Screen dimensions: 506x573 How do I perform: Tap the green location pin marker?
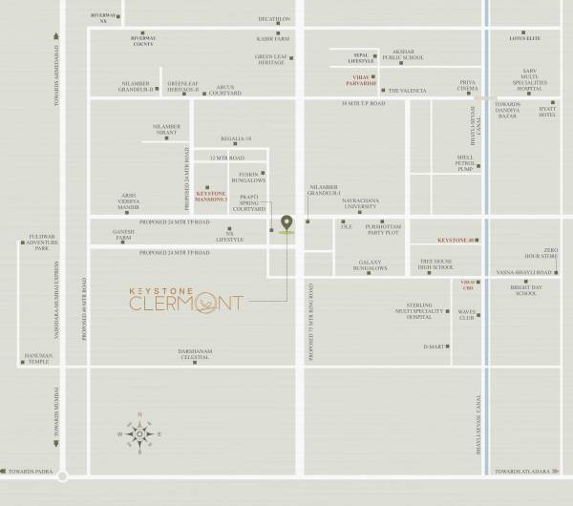pos(286,225)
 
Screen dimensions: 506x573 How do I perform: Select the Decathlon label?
pos(274,19)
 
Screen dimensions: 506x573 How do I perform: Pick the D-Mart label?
pos(436,346)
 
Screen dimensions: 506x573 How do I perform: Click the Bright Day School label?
pos(525,291)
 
